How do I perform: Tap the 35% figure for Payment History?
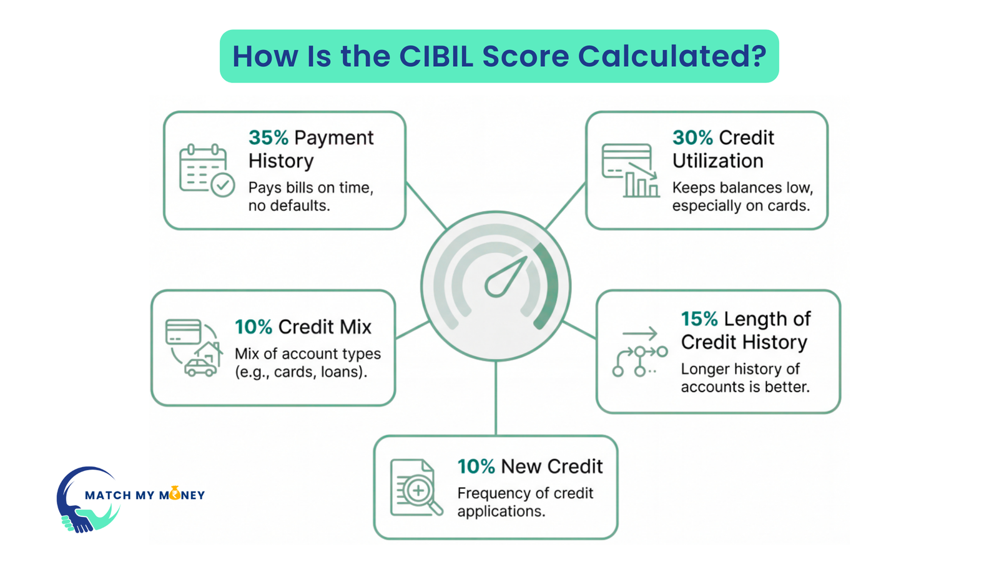[x=268, y=137]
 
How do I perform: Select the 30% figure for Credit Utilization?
[x=692, y=137]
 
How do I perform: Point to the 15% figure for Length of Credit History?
[x=699, y=319]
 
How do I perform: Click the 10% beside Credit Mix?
[x=253, y=327]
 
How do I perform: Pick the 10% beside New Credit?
[x=476, y=466]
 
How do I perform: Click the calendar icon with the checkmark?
[x=206, y=170]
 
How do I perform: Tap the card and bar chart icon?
[x=630, y=170]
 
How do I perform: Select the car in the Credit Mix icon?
[x=200, y=368]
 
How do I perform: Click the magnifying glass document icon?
[x=416, y=488]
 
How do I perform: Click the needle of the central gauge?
[x=506, y=277]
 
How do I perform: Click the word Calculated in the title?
[x=672, y=56]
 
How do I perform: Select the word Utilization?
[x=717, y=161]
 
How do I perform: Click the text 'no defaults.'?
[x=289, y=205]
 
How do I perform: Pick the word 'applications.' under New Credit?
[x=501, y=511]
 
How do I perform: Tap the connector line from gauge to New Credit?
[x=496, y=398]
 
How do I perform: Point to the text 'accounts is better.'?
[x=745, y=387]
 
